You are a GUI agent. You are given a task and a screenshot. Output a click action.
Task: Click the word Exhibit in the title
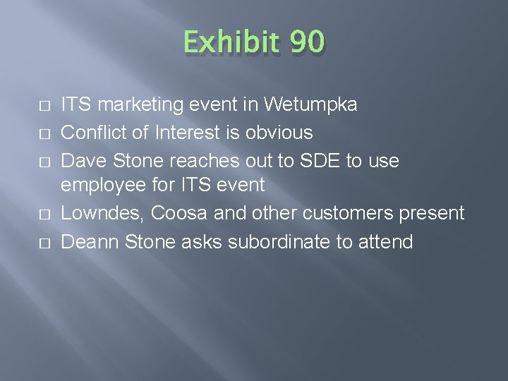[228, 42]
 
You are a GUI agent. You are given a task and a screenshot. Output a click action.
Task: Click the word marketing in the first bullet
[140, 105]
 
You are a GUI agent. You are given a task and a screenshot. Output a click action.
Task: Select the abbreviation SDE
[315, 160]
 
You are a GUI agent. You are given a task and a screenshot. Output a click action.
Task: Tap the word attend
[385, 241]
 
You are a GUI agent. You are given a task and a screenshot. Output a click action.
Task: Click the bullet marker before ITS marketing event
[44, 106]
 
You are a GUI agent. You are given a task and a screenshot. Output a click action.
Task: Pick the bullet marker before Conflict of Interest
[44, 133]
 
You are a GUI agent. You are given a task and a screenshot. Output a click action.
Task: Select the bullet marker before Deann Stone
[44, 242]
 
